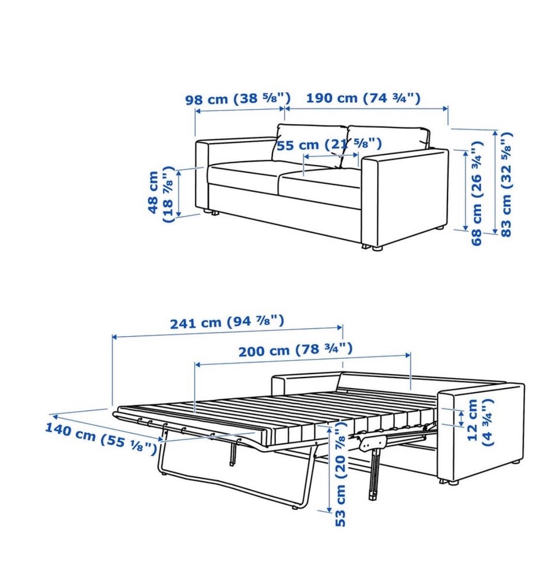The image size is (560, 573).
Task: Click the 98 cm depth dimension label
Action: click(x=238, y=99)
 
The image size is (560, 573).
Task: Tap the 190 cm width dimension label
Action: click(x=363, y=98)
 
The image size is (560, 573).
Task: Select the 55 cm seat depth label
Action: click(x=329, y=145)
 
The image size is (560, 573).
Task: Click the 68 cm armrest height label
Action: click(x=477, y=193)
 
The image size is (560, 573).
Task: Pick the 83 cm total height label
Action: click(x=506, y=184)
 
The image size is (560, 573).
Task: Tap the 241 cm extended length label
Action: click(x=227, y=322)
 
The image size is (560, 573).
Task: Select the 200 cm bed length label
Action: click(x=296, y=350)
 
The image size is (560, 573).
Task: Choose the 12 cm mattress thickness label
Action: click(x=480, y=421)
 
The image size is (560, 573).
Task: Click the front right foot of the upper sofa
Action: click(x=372, y=247)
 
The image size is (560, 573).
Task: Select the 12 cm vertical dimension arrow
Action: click(x=461, y=418)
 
